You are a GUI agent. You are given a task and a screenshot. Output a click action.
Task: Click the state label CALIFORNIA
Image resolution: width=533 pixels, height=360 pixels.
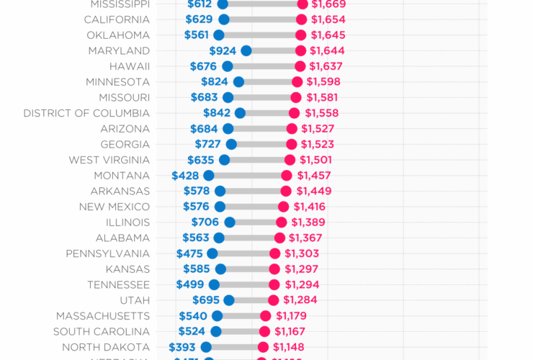(117, 19)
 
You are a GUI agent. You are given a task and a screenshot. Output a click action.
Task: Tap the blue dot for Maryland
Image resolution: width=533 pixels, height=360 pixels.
(246, 50)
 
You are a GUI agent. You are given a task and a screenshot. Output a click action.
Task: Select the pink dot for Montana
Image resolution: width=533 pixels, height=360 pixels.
(287, 176)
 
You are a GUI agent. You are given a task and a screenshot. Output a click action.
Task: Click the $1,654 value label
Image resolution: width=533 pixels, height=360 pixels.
(328, 19)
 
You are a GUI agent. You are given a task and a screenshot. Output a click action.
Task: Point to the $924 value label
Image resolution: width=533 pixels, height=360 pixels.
(223, 50)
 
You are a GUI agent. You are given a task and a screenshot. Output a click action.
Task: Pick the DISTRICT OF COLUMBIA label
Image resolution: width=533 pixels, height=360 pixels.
(86, 113)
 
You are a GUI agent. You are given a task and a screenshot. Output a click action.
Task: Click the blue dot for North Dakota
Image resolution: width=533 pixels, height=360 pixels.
(207, 347)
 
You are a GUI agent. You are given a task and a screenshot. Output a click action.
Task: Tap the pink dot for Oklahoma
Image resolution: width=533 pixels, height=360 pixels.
(300, 35)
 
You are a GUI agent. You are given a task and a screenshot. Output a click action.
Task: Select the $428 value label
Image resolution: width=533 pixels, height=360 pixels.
(186, 176)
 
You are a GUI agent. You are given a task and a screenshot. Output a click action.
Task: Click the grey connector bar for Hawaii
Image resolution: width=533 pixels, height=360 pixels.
(264, 66)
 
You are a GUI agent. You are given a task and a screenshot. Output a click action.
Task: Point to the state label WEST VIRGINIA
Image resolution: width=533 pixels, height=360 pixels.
(109, 160)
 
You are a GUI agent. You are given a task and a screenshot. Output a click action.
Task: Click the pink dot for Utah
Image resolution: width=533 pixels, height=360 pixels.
(273, 300)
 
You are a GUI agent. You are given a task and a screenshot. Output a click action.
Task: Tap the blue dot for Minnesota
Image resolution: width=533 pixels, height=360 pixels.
(238, 82)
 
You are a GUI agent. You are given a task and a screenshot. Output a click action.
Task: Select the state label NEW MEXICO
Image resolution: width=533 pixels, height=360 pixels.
(115, 207)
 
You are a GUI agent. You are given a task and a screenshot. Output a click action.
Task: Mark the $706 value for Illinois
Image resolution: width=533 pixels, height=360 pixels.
(205, 222)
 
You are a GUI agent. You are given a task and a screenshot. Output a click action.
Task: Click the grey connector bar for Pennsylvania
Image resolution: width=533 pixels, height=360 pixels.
(243, 253)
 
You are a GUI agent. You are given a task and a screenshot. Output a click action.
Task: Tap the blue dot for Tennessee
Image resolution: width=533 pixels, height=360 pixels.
(214, 285)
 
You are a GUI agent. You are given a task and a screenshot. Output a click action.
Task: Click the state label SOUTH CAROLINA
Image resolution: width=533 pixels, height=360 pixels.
(102, 332)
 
